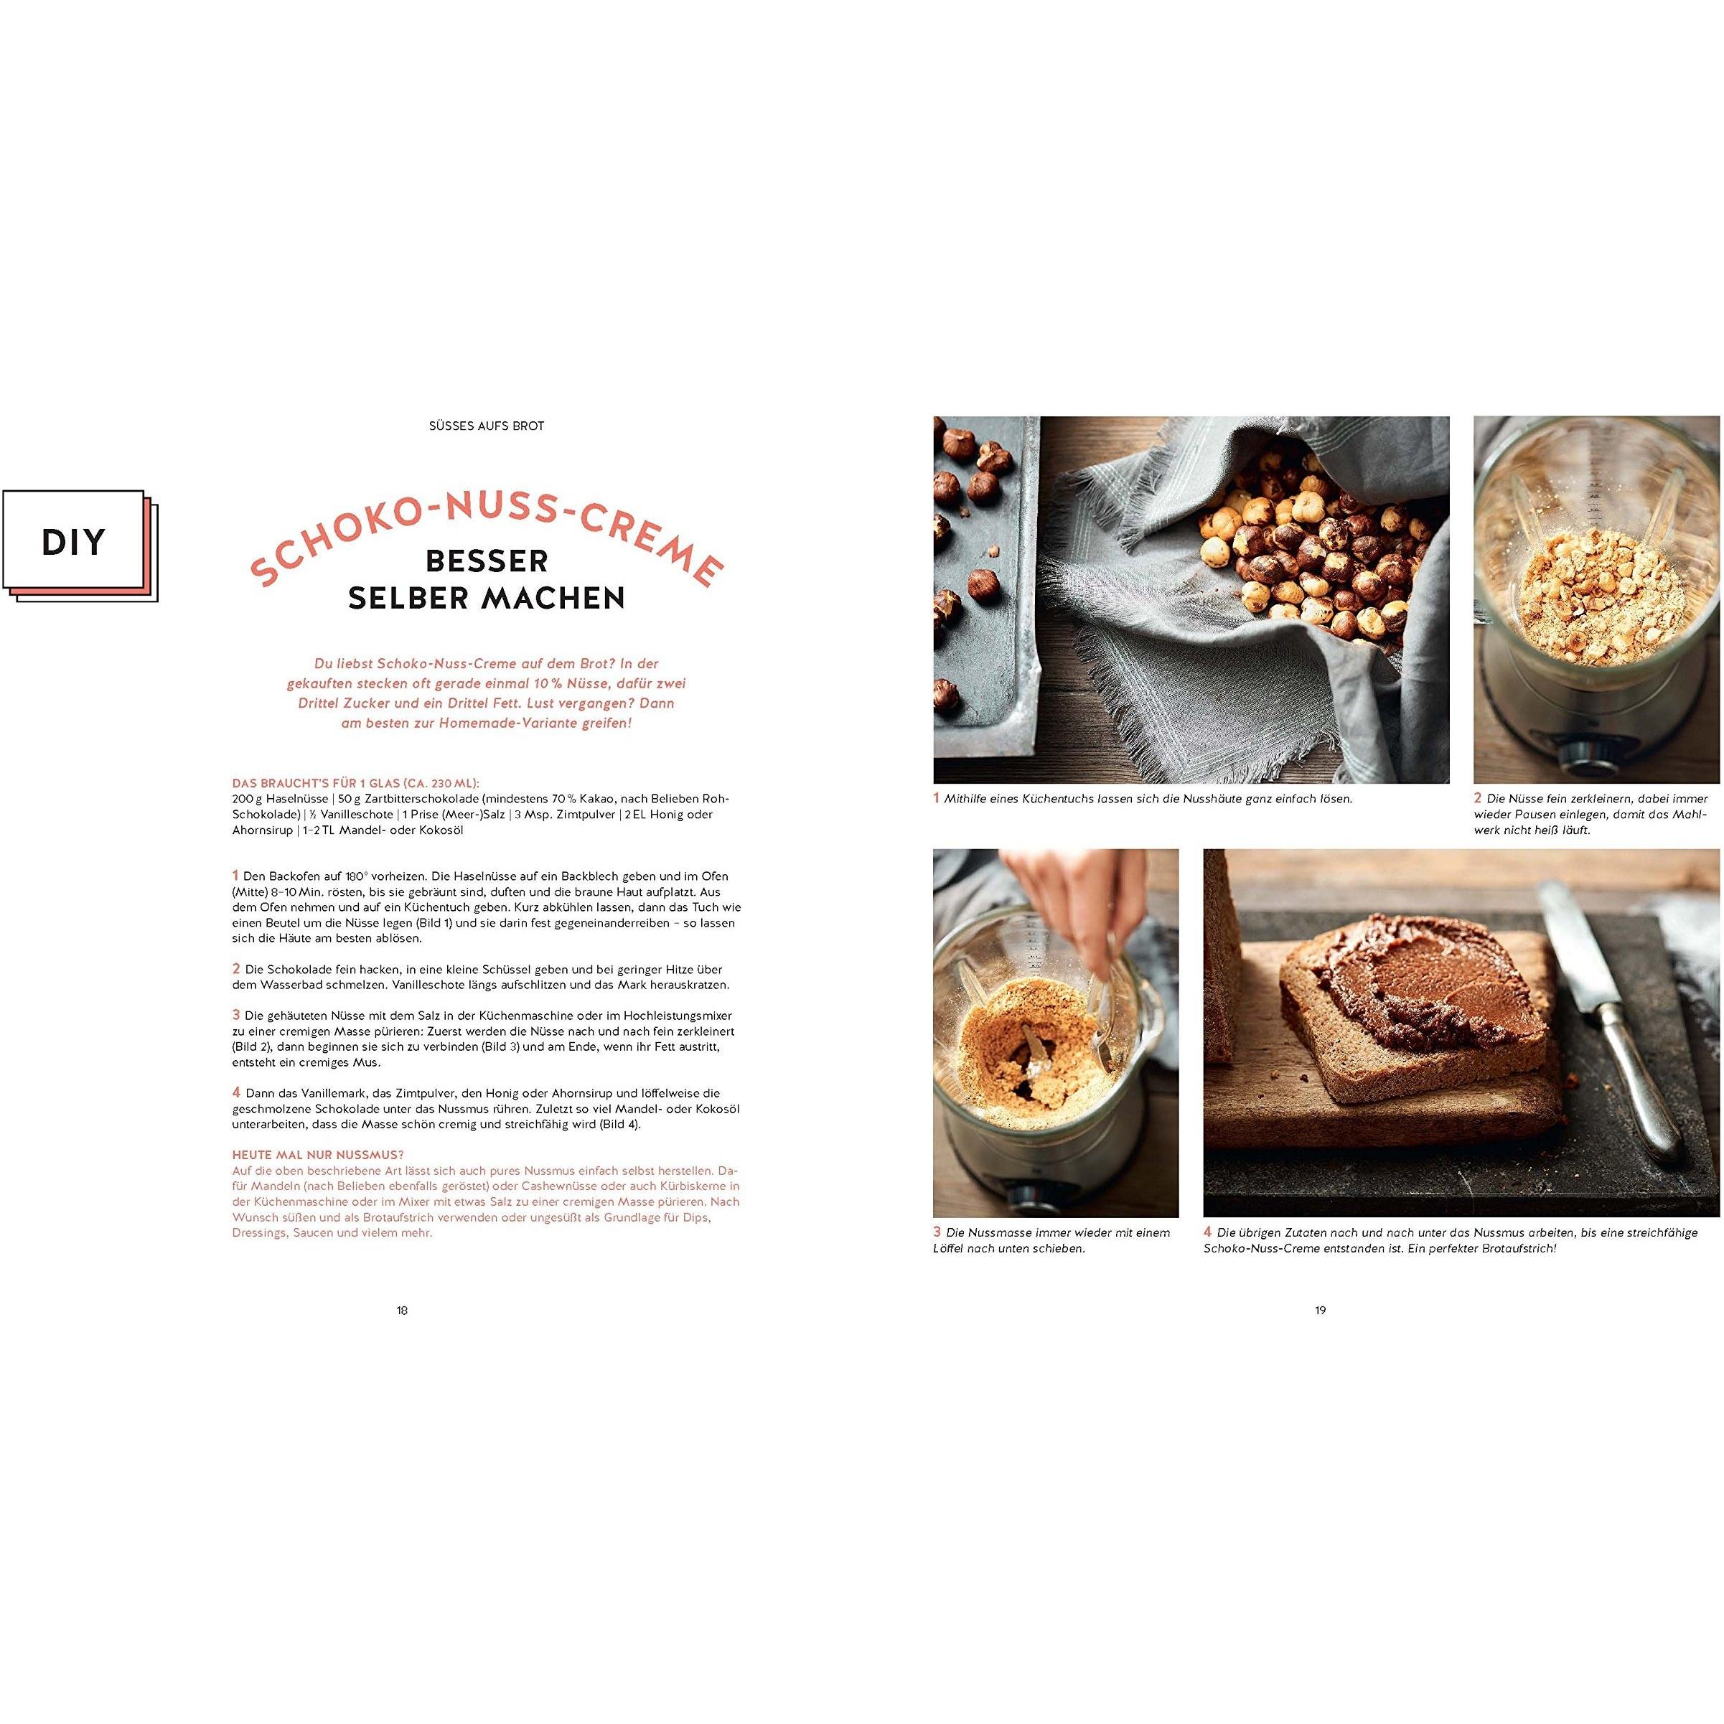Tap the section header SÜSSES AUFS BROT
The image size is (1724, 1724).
pyautogui.click(x=487, y=426)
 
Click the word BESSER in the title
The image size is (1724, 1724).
pyautogui.click(x=487, y=561)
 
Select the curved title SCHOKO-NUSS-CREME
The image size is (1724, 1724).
pyautogui.click(x=487, y=540)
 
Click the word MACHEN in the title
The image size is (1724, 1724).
pyautogui.click(x=555, y=598)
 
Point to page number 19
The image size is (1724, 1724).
pyautogui.click(x=1321, y=1310)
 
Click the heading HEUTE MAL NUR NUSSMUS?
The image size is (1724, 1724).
pyautogui.click(x=304, y=1155)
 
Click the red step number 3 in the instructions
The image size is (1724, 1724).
pyautogui.click(x=236, y=1015)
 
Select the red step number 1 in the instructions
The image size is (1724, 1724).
pyautogui.click(x=235, y=876)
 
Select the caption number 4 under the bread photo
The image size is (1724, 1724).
pyautogui.click(x=1208, y=1232)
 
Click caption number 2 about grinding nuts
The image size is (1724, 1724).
pyautogui.click(x=1478, y=797)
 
